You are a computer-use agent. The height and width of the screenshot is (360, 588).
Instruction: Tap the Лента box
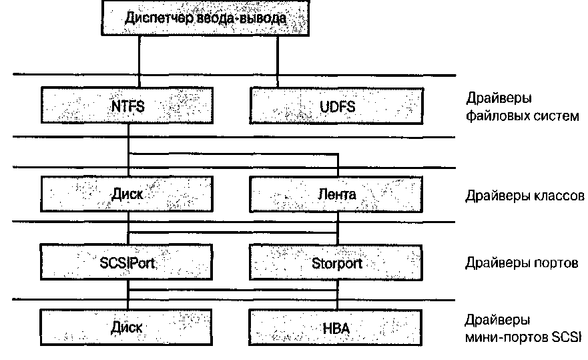point(336,194)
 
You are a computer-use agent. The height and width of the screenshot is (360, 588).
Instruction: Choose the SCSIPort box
point(127,262)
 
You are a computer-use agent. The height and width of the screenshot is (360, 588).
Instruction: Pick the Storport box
point(336,262)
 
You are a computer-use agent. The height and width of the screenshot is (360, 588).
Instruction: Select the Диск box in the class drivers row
point(127,194)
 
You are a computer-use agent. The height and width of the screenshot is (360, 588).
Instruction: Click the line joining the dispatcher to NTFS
point(139,60)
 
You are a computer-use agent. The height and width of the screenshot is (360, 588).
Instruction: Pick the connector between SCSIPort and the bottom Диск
point(127,295)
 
